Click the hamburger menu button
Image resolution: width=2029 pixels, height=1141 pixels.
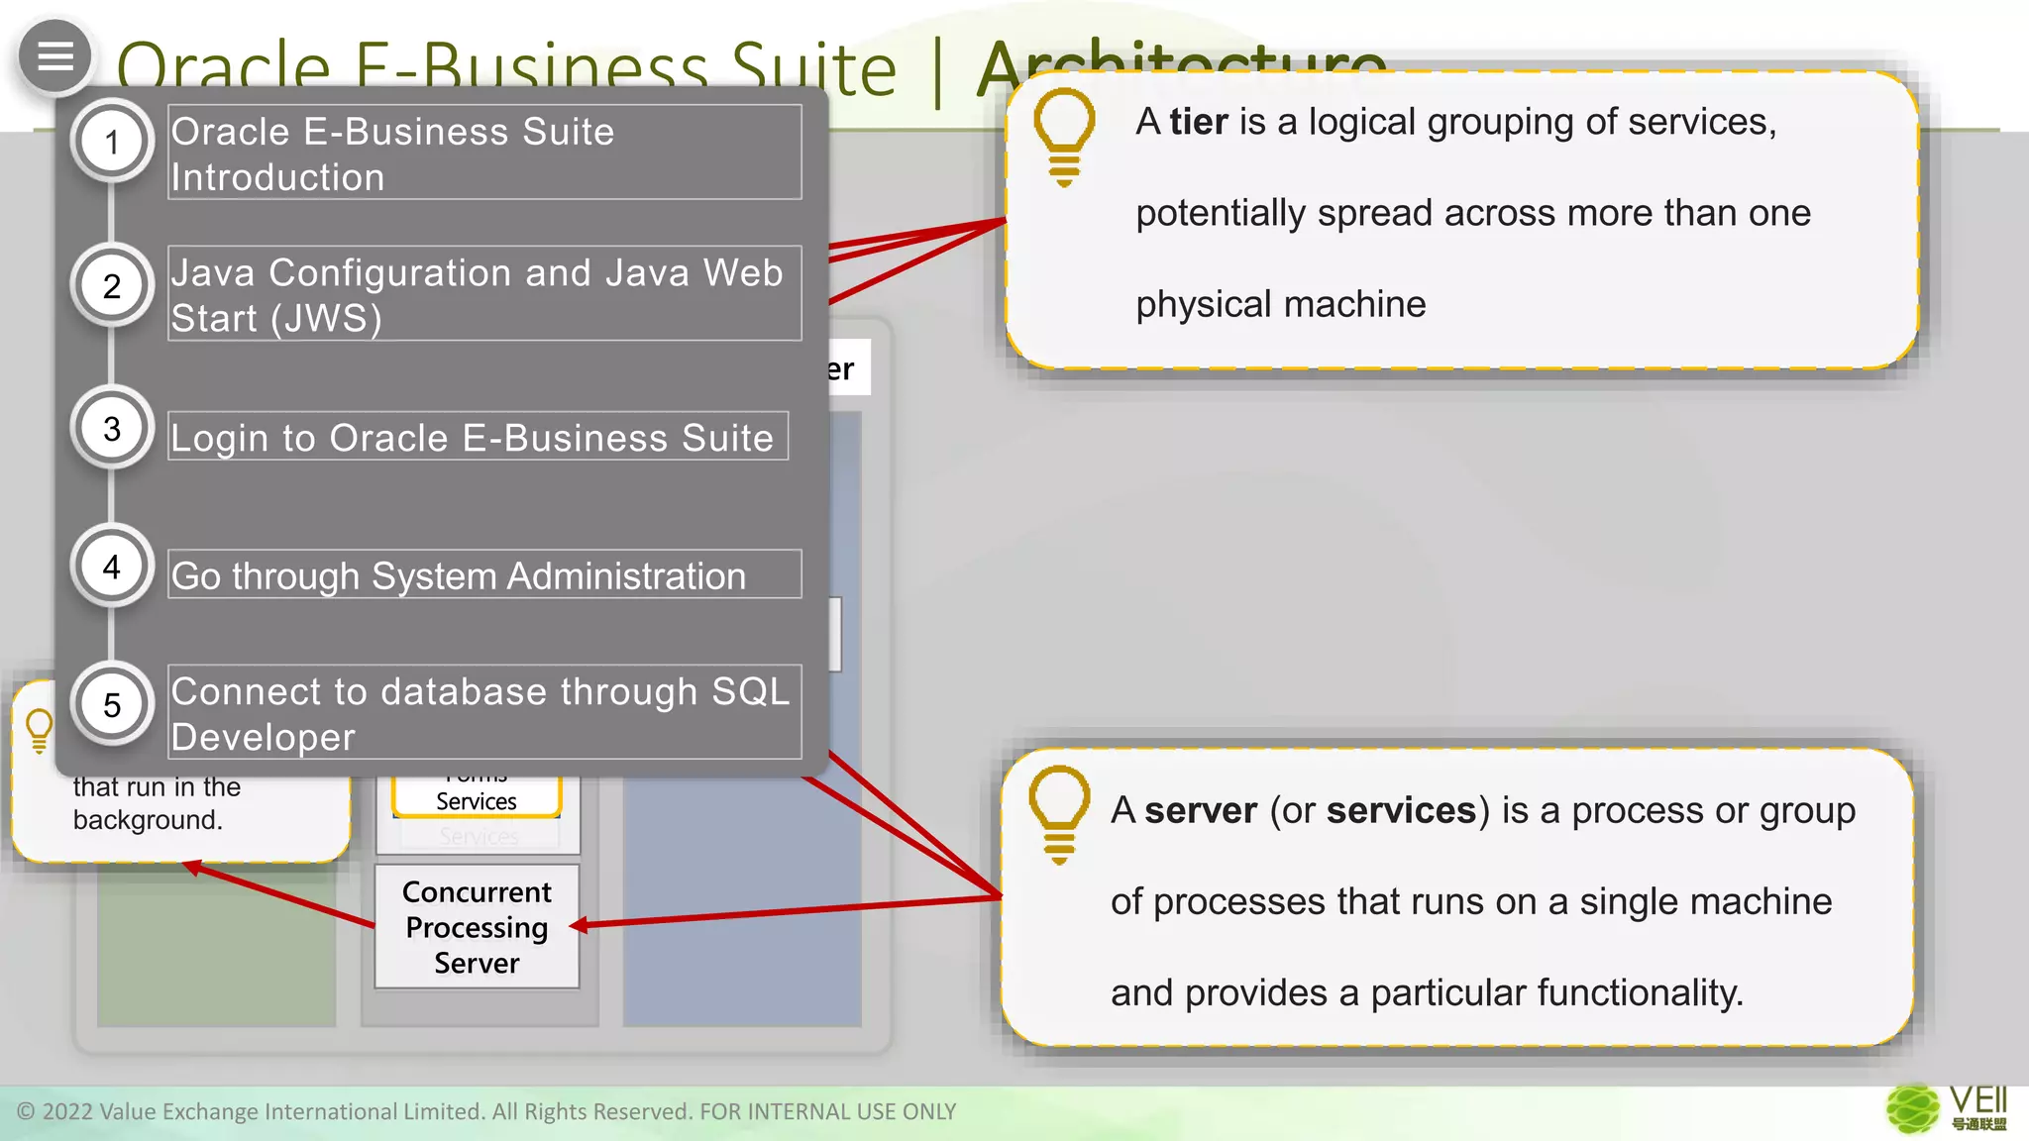click(55, 56)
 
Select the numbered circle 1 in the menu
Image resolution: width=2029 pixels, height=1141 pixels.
click(112, 142)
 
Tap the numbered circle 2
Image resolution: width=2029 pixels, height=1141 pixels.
click(112, 285)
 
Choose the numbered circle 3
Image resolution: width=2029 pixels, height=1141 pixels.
click(112, 428)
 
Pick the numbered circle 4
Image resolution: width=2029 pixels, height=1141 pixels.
click(112, 567)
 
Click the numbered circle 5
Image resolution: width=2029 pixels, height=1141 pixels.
click(112, 704)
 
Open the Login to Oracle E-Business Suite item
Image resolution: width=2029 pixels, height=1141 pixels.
click(478, 437)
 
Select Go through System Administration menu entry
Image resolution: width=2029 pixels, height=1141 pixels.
click(483, 574)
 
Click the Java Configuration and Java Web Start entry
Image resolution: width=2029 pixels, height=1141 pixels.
click(483, 294)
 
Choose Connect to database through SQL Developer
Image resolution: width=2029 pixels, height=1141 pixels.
click(483, 713)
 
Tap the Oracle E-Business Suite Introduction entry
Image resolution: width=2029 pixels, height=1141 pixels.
click(483, 153)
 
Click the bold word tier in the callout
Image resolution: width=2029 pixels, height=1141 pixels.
click(1199, 122)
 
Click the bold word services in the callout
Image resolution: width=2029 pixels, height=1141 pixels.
click(1401, 811)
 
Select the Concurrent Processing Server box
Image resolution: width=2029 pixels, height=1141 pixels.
click(477, 927)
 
